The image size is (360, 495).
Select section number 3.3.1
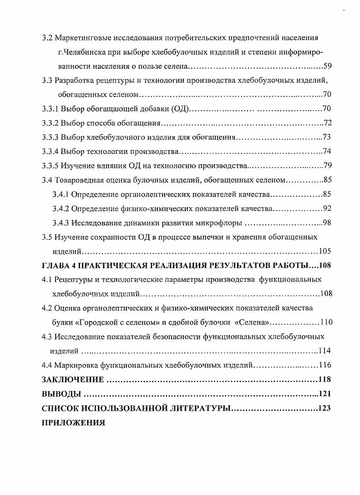pyautogui.click(x=50, y=109)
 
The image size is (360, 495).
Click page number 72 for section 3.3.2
pyautogui.click(x=327, y=123)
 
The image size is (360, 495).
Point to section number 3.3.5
pyautogui.click(x=50, y=165)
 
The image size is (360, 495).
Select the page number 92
pyautogui.click(x=327, y=208)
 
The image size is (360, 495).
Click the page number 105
pyautogui.click(x=325, y=251)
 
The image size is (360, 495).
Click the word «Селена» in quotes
pyautogui.click(x=252, y=322)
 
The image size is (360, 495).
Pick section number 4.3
pyautogui.click(x=46, y=337)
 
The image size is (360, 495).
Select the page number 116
pyautogui.click(x=325, y=365)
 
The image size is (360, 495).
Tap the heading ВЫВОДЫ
pyautogui.click(x=61, y=394)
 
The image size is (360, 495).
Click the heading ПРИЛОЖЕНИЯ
pyautogui.click(x=73, y=422)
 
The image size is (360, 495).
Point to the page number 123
pyautogui.click(x=325, y=408)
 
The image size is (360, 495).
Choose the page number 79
pyautogui.click(x=327, y=165)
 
